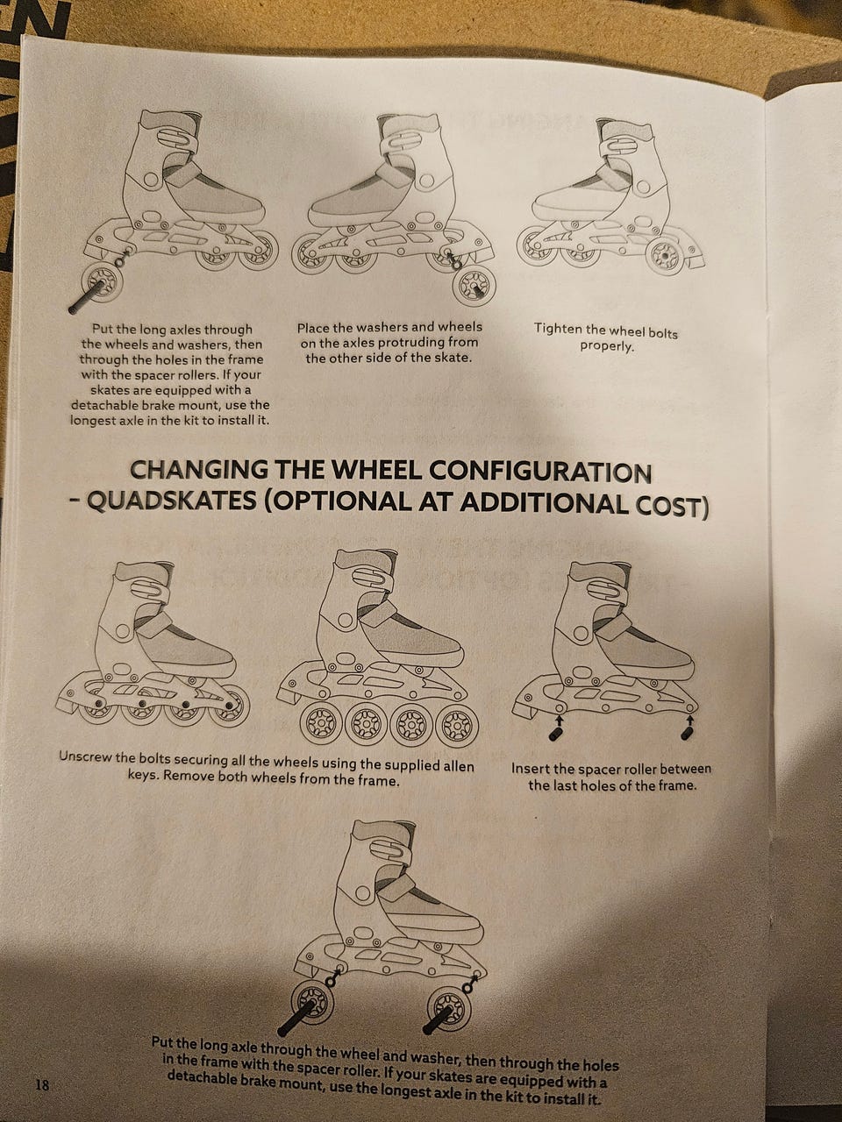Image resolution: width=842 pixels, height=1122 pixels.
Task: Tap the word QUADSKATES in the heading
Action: (x=171, y=501)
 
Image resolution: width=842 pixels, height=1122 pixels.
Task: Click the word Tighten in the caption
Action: (x=560, y=329)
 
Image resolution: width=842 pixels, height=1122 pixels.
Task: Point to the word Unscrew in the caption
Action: (x=86, y=756)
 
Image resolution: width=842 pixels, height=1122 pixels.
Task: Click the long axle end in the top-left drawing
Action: (x=73, y=309)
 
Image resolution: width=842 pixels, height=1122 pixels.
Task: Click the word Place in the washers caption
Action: (x=313, y=328)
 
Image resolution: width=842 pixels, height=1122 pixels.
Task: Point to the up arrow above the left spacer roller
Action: (x=559, y=720)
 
